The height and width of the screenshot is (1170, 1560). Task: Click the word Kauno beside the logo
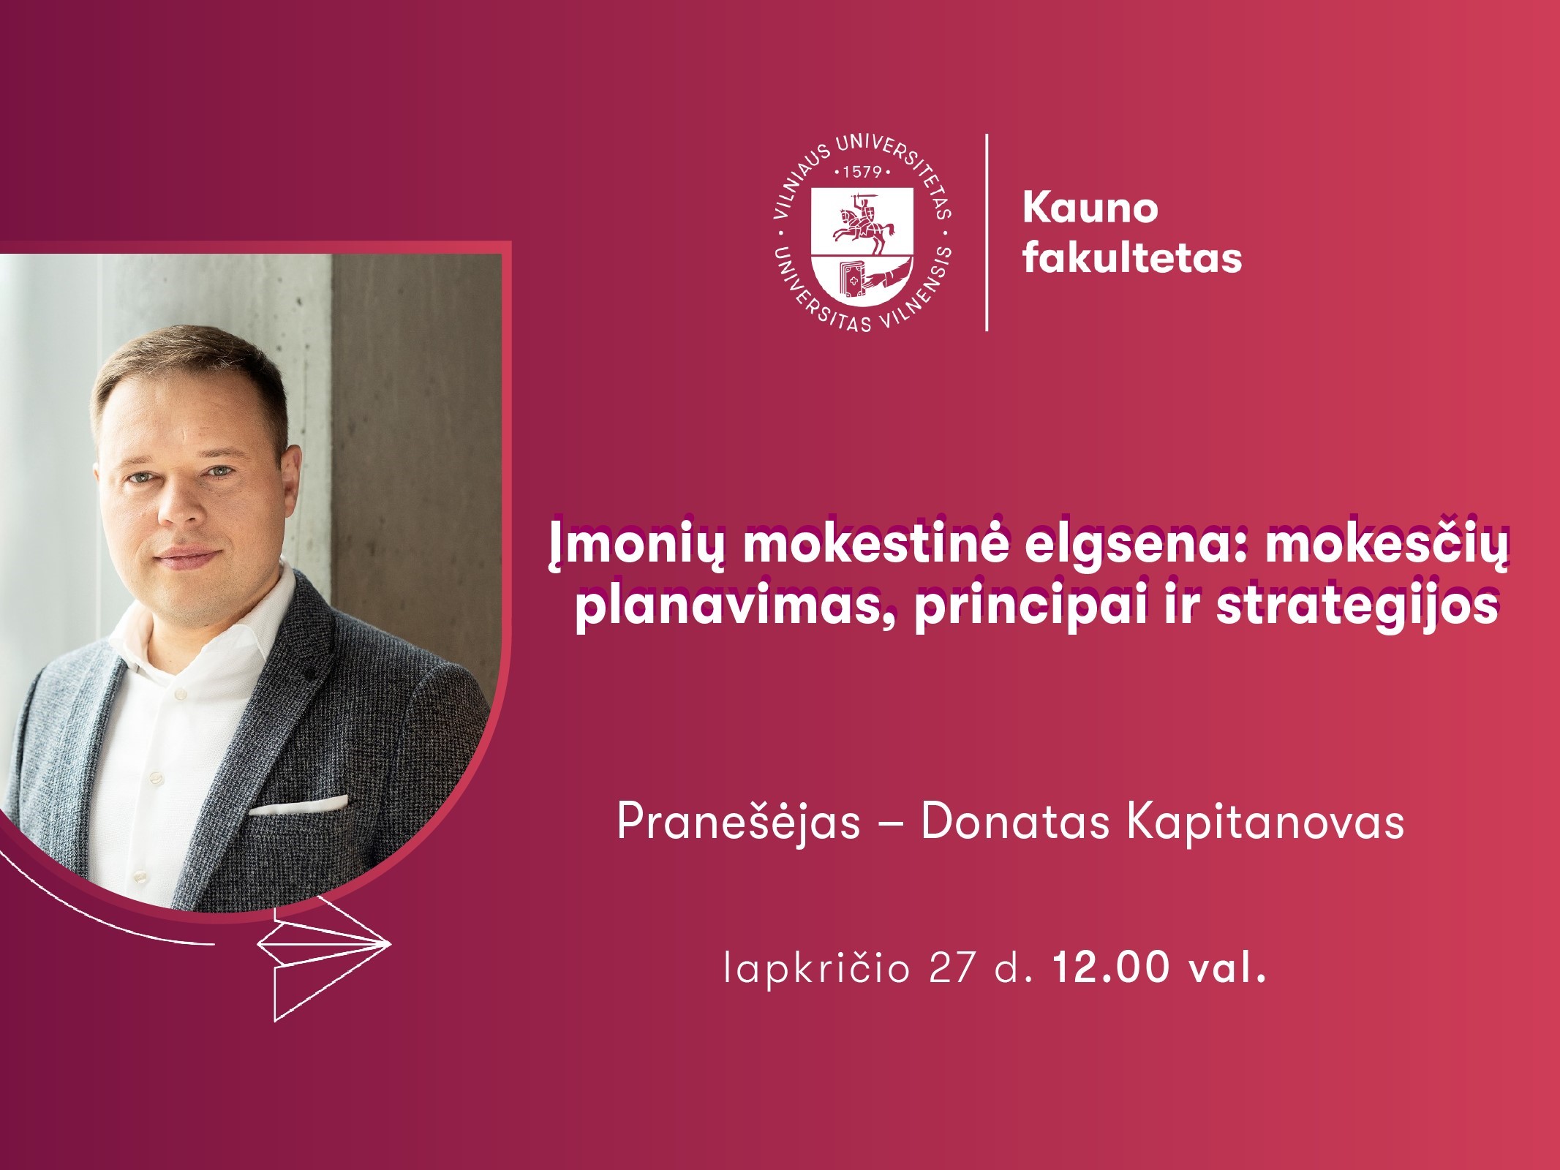pyautogui.click(x=1090, y=208)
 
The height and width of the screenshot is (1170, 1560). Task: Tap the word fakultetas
pyautogui.click(x=1132, y=257)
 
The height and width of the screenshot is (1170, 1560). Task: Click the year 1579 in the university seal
pyautogui.click(x=863, y=173)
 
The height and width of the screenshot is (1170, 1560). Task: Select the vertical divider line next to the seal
pyautogui.click(x=987, y=233)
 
